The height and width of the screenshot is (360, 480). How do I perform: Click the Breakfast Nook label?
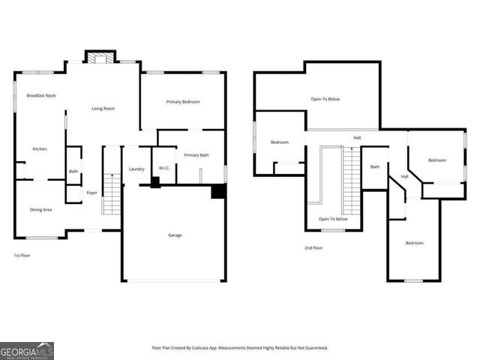coord(41,96)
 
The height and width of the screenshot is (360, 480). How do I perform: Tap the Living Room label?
coord(103,109)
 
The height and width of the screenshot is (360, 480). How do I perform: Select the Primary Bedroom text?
coord(183,102)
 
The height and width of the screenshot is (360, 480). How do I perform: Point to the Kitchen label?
coord(40,149)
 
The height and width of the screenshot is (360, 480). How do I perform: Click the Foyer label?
coord(91,193)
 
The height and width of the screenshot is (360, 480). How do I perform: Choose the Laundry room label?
coord(136,169)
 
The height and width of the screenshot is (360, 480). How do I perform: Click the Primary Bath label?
coord(196,155)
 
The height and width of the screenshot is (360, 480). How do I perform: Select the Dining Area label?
coord(40,210)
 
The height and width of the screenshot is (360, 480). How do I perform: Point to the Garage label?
coord(175,235)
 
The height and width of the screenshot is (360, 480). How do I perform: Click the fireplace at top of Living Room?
coord(100,57)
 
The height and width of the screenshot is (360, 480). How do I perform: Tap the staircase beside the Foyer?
coord(112,194)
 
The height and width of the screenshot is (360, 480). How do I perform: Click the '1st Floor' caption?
coord(22,256)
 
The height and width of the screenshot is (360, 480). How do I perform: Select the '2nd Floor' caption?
coord(313,247)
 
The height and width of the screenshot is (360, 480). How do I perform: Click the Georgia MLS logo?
coord(27,350)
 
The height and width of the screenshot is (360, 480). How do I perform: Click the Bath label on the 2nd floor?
coord(374,167)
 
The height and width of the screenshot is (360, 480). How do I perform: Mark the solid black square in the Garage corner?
coord(218,192)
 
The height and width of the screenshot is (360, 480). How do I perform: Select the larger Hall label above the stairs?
coord(358,138)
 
